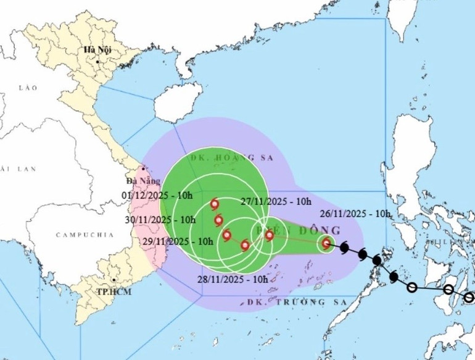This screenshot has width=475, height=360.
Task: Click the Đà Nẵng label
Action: pyautogui.click(x=139, y=182)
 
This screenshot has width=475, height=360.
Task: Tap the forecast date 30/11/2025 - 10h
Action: pyautogui.click(x=162, y=220)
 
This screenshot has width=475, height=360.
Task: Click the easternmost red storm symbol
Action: pyautogui.click(x=326, y=244)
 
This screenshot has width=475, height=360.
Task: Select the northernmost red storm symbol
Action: pyautogui.click(x=215, y=204)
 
